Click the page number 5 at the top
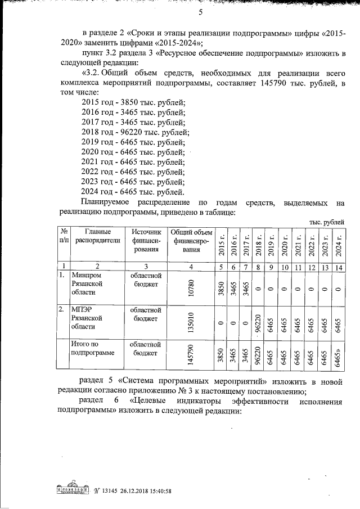[x=200, y=13]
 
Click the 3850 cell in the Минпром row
[x=221, y=288]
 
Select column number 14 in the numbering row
[x=337, y=267]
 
